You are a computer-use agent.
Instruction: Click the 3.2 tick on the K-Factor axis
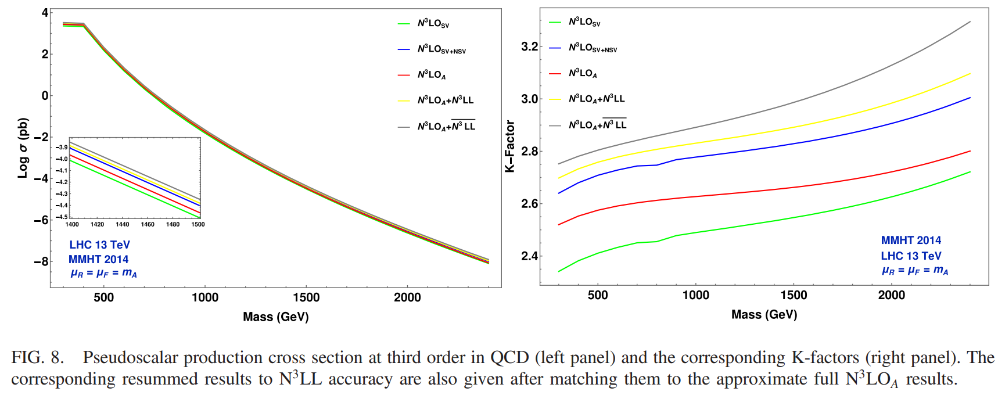(x=529, y=46)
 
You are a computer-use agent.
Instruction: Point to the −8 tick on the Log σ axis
(x=41, y=262)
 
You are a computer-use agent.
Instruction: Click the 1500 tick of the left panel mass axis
(x=306, y=297)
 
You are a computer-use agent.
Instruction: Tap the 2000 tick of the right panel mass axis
(x=891, y=295)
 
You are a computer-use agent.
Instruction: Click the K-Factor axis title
(x=510, y=146)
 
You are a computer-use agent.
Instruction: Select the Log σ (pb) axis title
(x=23, y=148)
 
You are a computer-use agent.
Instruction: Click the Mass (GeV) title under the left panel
(x=275, y=317)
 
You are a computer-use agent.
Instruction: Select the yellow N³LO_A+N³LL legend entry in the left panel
(x=445, y=100)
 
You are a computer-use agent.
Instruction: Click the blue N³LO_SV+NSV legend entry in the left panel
(x=441, y=49)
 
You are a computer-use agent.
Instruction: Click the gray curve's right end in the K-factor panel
(x=970, y=22)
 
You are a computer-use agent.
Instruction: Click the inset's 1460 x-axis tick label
(x=148, y=224)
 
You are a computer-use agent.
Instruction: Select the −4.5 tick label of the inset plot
(x=61, y=217)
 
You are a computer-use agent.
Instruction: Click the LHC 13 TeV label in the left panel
(x=99, y=245)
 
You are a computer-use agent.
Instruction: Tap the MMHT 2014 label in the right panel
(x=910, y=240)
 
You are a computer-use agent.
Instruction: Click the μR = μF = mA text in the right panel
(x=914, y=271)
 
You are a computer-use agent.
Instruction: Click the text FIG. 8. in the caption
(x=37, y=357)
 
